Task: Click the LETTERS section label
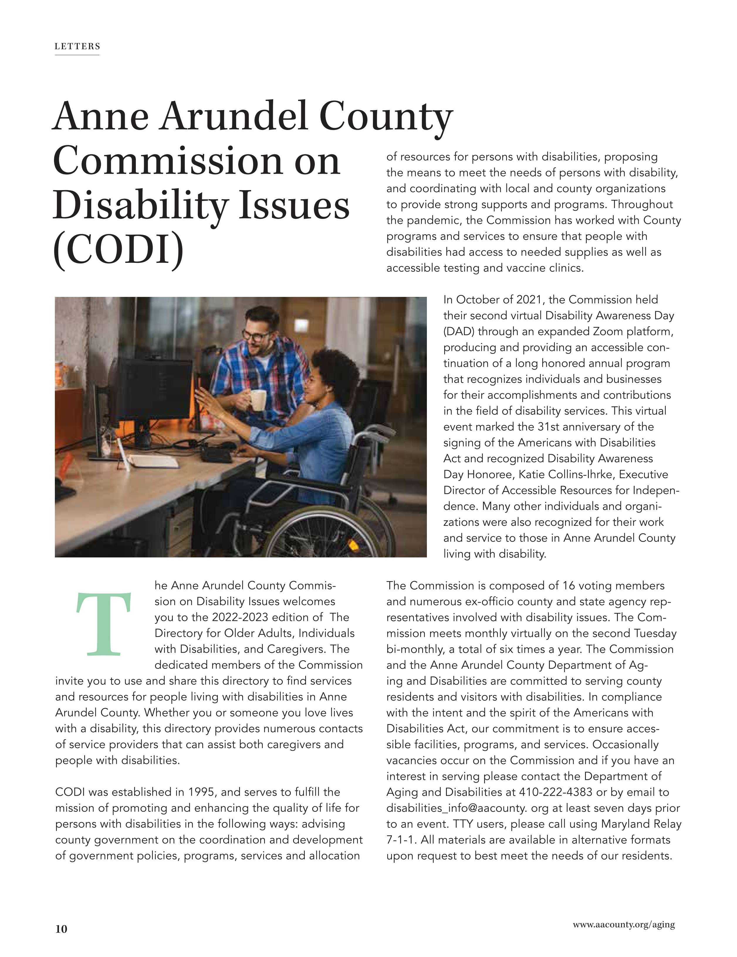click(77, 46)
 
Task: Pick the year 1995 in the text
click(201, 792)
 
